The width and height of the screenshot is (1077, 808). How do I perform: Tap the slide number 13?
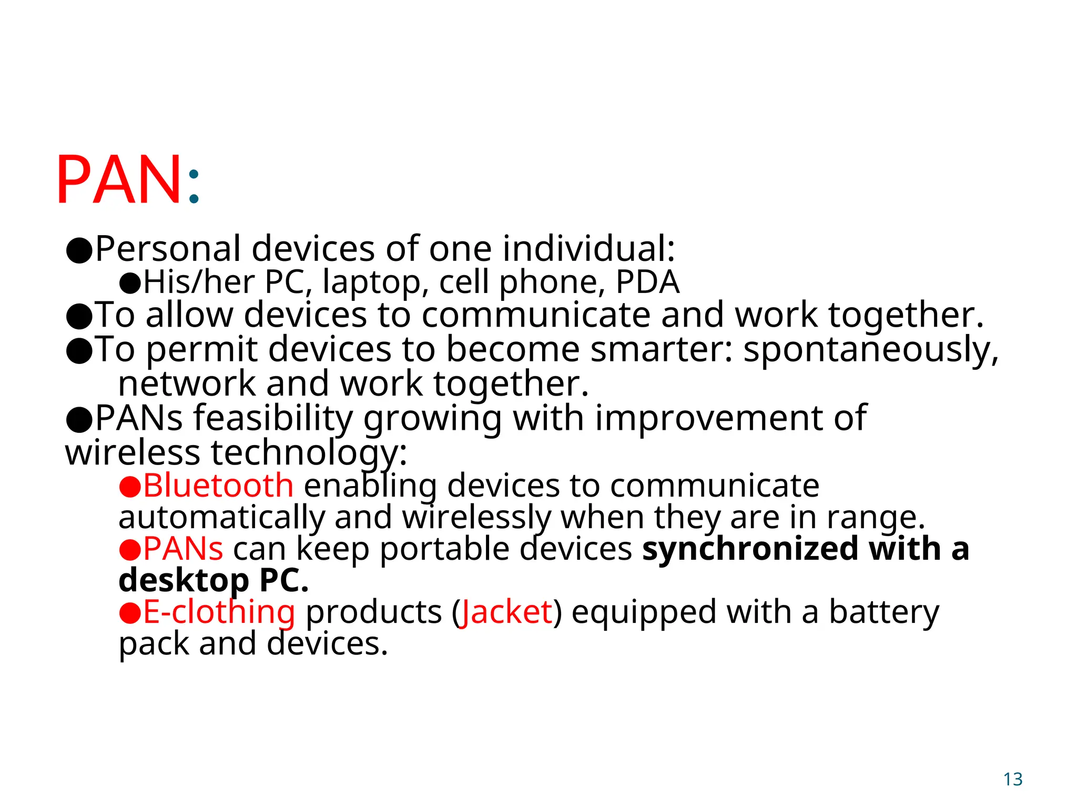(1012, 779)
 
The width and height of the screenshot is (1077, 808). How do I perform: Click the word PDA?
(647, 282)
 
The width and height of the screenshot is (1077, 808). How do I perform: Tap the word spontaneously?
(870, 351)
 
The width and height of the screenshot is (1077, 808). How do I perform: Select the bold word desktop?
(184, 581)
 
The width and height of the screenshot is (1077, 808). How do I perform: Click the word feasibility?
(273, 419)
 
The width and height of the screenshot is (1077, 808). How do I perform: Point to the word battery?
(884, 613)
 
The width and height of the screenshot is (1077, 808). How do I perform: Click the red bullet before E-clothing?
(129, 613)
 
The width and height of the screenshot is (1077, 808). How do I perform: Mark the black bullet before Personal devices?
(79, 250)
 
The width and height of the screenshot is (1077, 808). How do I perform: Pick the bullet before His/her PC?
(130, 284)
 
